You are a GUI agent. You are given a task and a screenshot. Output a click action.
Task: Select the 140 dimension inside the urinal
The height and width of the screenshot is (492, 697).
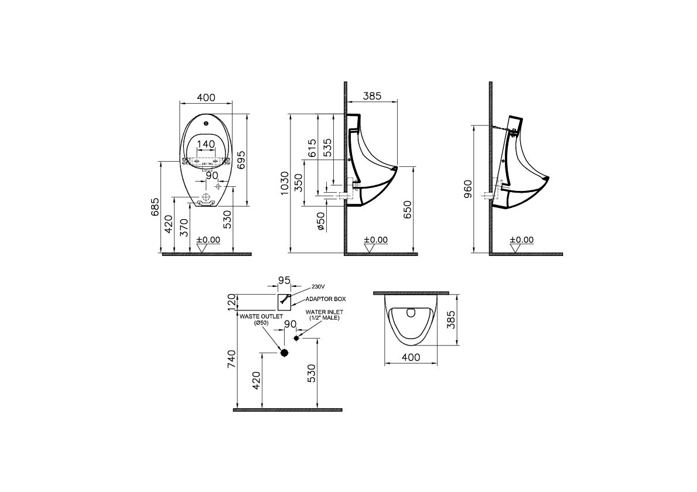pos(206,144)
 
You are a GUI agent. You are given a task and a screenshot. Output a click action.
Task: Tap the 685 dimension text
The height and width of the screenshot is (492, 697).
pos(155,207)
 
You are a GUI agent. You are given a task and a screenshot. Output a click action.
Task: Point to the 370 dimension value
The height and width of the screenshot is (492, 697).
pos(184,227)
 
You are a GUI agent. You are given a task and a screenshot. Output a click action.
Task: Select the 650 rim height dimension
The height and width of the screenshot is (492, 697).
pos(407,210)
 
